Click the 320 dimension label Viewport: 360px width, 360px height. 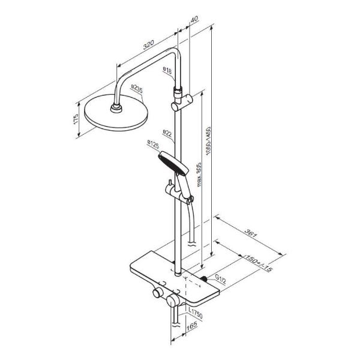149,45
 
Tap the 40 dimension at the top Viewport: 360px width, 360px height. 194,19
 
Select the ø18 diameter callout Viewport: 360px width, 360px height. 167,70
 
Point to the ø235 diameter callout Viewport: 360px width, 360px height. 137,89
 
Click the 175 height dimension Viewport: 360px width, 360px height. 76,119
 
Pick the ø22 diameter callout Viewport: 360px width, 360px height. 167,133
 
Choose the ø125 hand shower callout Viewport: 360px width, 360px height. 153,145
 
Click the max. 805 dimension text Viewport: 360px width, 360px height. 199,175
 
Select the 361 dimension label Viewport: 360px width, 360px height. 250,233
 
